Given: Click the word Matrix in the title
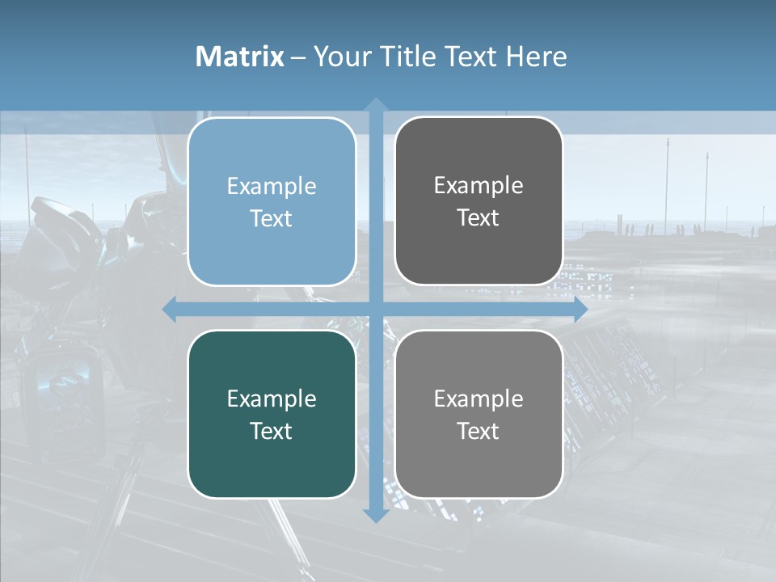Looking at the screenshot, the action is tap(240, 57).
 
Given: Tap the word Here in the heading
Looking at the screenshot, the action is tap(537, 57).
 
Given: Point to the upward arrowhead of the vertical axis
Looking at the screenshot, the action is tap(375, 104).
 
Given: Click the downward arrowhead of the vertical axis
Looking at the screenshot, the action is tap(375, 515).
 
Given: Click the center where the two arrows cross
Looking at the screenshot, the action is tap(375, 310).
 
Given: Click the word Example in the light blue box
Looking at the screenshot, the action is tap(272, 186).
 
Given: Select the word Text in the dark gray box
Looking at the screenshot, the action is tap(479, 217).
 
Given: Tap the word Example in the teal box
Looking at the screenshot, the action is tap(272, 399).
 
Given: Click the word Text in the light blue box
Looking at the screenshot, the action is tap(272, 218).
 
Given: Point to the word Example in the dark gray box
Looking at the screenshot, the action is tap(479, 185).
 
